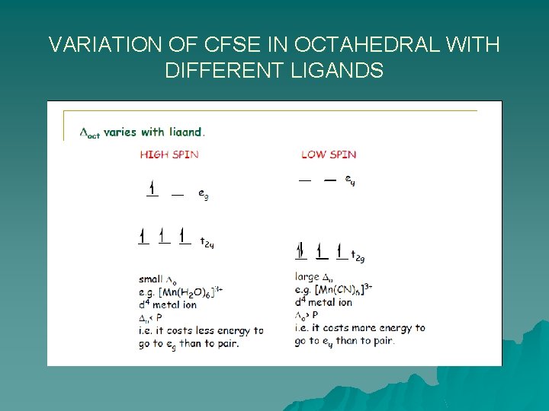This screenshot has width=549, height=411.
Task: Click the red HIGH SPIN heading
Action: [x=169, y=155]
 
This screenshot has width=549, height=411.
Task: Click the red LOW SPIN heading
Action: [x=328, y=155]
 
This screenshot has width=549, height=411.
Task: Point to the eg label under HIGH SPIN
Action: [x=203, y=195]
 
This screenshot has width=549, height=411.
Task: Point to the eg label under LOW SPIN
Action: [x=349, y=180]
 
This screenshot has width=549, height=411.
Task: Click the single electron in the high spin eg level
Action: [x=152, y=188]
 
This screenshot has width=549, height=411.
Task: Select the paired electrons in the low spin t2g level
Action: [x=300, y=250]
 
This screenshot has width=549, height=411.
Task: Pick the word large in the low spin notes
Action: [x=307, y=277]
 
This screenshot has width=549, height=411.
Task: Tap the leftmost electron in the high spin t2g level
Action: [x=143, y=237]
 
